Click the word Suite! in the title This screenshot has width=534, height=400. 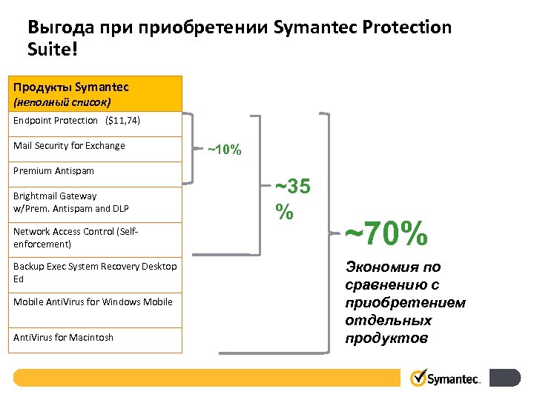pyautogui.click(x=51, y=51)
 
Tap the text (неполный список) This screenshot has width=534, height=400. pyautogui.click(x=62, y=101)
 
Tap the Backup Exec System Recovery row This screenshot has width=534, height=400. pyautogui.click(x=95, y=273)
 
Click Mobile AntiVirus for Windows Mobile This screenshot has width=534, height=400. pyautogui.click(x=93, y=302)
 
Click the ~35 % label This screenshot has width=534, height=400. pyautogui.click(x=291, y=198)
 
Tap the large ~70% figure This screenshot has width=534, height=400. pyautogui.click(x=386, y=236)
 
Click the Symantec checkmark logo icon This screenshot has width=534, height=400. pyautogui.click(x=418, y=379)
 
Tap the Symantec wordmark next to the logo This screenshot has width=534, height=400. pyautogui.click(x=455, y=379)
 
